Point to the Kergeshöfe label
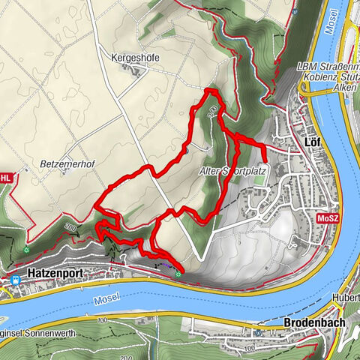(136, 57)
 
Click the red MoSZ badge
(327, 218)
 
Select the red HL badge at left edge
(5, 178)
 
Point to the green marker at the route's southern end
(178, 274)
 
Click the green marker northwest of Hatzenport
(27, 249)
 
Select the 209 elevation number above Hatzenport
(71, 226)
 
